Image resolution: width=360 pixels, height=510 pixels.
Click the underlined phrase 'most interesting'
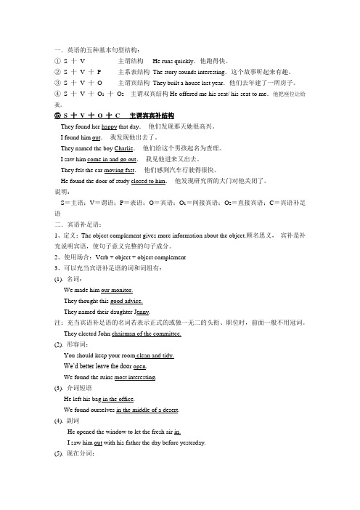[x=136, y=378]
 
